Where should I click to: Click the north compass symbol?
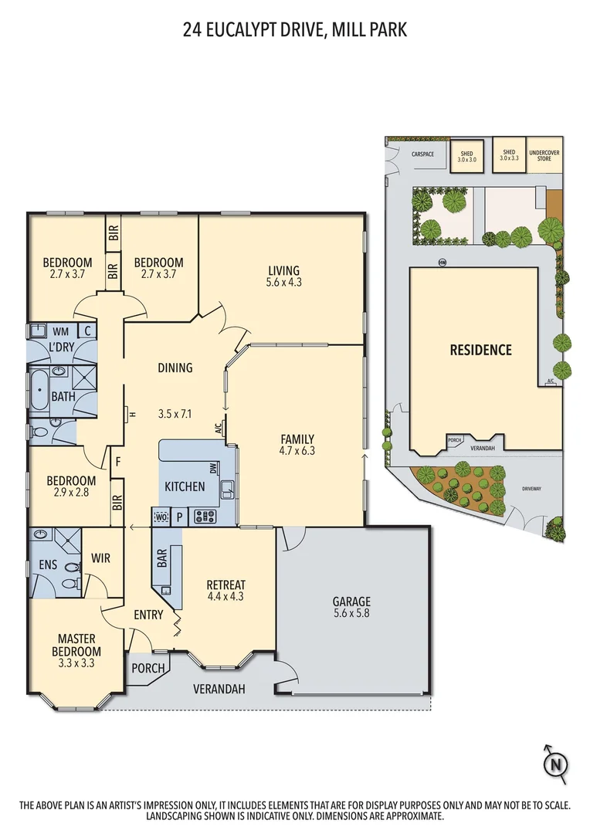click(x=554, y=764)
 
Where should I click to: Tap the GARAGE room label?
click(x=351, y=602)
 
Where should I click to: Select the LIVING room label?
click(x=283, y=270)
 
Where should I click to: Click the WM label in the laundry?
click(x=60, y=331)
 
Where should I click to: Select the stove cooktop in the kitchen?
click(x=205, y=517)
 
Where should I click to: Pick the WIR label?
click(x=101, y=557)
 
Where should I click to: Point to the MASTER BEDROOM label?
click(x=76, y=645)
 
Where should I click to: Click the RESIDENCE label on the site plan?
click(x=480, y=350)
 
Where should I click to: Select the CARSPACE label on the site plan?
click(x=422, y=154)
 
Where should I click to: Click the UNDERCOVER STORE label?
click(x=544, y=155)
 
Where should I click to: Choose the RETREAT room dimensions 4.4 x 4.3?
click(x=226, y=596)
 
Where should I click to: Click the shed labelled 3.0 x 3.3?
click(x=509, y=155)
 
